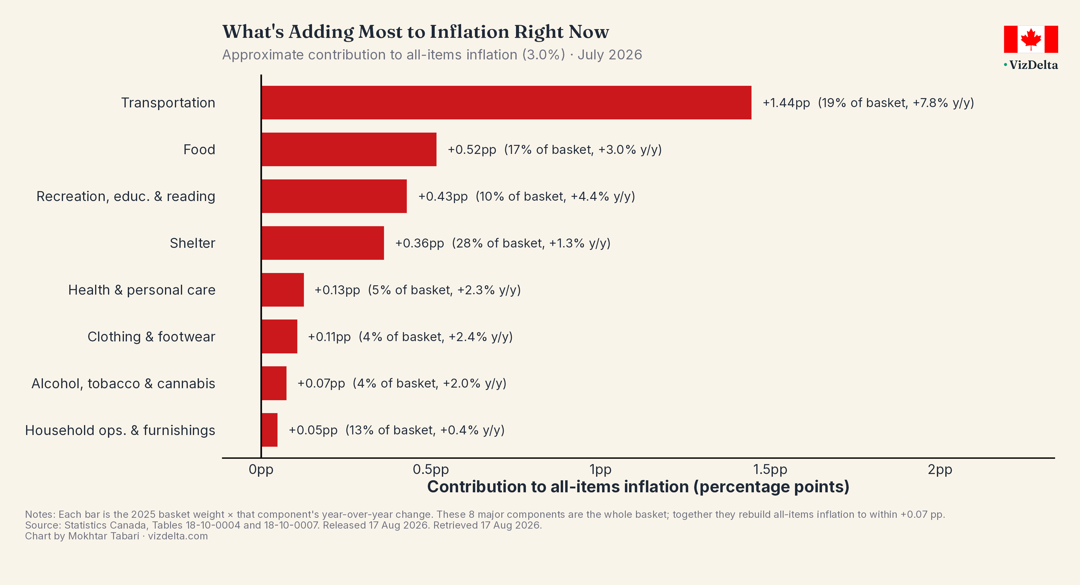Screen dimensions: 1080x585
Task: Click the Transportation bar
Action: [506, 103]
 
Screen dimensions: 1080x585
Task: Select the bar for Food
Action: [349, 149]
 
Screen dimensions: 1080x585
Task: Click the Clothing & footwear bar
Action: [279, 336]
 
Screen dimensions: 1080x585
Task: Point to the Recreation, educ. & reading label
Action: [126, 196]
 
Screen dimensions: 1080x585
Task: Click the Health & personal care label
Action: [142, 290]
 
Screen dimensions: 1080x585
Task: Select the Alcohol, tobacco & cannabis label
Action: [123, 383]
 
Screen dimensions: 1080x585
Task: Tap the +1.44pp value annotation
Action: [786, 103]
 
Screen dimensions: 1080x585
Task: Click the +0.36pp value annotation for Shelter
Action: [420, 243]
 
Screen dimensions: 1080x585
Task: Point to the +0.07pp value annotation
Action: [321, 383]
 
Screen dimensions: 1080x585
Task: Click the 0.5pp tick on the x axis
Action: [430, 469]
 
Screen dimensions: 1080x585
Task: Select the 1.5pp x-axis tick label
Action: [770, 469]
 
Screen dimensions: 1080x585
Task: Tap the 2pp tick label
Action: [940, 469]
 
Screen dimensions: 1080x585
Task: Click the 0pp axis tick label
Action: [261, 469]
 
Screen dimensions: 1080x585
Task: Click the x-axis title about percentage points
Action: [638, 487]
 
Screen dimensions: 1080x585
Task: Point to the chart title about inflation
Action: [415, 32]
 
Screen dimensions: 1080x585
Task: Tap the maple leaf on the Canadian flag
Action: [1031, 39]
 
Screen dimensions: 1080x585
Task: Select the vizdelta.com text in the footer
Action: [178, 536]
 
